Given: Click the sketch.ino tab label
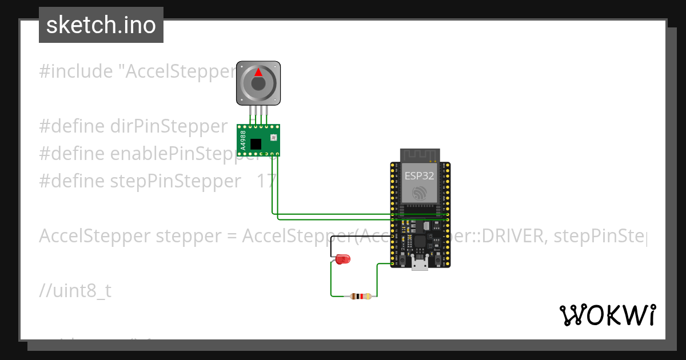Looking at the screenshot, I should (101, 25).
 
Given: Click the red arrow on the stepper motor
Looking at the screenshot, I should (258, 73).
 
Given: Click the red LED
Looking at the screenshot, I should (342, 259).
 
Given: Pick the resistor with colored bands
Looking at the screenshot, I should (360, 296).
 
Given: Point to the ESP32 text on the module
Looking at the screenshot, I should (420, 175).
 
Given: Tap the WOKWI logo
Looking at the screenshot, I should (607, 315).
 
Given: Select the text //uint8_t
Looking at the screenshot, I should (75, 291).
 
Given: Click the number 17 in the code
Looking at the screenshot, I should (266, 181).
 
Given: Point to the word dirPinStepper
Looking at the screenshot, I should (169, 126).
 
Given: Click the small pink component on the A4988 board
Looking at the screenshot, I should (273, 137).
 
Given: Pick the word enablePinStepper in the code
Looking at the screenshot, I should (180, 154).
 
